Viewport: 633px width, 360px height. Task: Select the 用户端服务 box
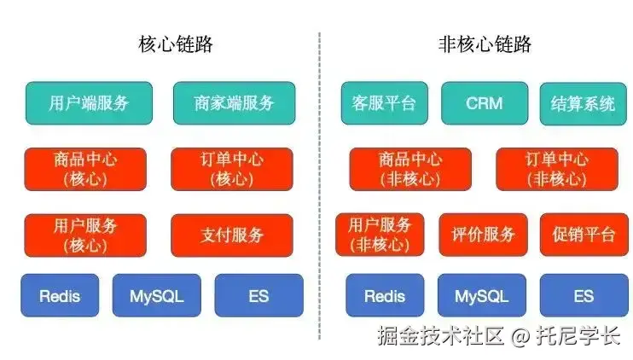[x=89, y=103]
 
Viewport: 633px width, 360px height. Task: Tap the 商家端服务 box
[x=234, y=103]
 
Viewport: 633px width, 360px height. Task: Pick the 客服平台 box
[x=384, y=104]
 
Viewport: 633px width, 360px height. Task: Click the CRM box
[x=484, y=104]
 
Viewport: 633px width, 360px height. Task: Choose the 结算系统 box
[x=583, y=104]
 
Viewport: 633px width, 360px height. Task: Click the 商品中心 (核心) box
[x=85, y=169]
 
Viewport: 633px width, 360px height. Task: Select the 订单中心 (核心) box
[x=231, y=169]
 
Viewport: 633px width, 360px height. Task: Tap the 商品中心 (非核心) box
[x=410, y=169]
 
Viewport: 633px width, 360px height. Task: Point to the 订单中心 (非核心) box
[x=556, y=169]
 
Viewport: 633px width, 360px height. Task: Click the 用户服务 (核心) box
[x=85, y=235]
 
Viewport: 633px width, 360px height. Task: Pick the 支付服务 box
[x=231, y=235]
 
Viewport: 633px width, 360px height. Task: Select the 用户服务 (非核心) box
[x=380, y=235]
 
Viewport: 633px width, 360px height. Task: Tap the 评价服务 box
[x=484, y=235]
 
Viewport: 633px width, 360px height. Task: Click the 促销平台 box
[x=583, y=235]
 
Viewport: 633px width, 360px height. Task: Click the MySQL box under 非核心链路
[x=481, y=296]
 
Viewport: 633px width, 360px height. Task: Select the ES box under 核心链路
[x=258, y=296]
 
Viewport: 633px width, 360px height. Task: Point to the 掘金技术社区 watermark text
[x=440, y=336]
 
